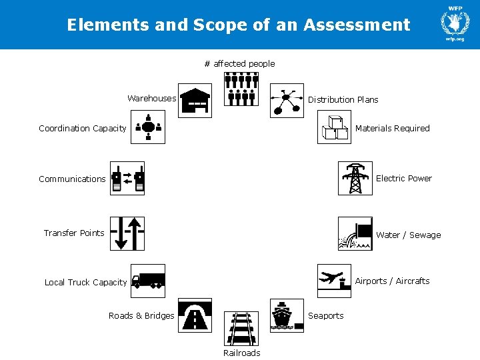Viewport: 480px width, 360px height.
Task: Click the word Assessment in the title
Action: pos(357,25)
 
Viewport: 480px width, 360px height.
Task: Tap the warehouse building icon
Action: pos(195,101)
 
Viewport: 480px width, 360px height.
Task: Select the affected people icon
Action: pos(241,89)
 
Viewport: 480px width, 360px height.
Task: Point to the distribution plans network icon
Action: pos(287,101)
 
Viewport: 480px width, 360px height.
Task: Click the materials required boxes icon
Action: pos(334,127)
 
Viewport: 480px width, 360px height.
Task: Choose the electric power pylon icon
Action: pos(355,178)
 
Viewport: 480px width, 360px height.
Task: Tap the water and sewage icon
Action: pos(355,233)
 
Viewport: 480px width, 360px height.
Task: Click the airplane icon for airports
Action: pos(334,281)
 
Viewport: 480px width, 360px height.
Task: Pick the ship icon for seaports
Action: pos(287,315)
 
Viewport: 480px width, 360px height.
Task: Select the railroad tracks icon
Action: pos(241,328)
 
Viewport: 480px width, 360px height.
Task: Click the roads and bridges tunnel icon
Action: pos(195,315)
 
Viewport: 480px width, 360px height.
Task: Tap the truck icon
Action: pos(148,281)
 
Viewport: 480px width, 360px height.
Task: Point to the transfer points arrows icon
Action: pos(127,233)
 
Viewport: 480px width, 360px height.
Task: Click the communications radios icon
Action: pos(127,178)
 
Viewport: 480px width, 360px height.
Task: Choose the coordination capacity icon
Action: pos(148,127)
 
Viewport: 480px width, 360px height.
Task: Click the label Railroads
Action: pos(241,353)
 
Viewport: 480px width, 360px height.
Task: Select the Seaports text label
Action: pos(325,315)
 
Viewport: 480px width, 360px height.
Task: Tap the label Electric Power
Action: pos(403,178)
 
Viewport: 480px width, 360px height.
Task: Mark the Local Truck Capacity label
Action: pos(85,282)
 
